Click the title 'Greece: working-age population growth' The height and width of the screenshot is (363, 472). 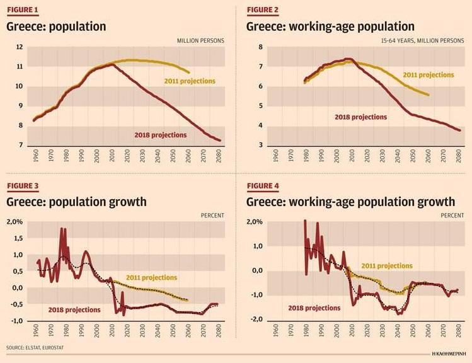[350, 202]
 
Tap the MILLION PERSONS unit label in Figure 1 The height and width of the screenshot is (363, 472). [200, 41]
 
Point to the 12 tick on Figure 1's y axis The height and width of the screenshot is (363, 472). [20, 47]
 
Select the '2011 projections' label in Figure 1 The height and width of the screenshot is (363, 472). [190, 81]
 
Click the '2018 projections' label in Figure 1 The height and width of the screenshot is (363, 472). [161, 135]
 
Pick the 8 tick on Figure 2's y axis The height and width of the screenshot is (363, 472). [255, 47]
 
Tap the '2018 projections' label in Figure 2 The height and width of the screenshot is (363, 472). [361, 117]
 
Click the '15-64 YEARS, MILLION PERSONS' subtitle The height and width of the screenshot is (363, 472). [422, 41]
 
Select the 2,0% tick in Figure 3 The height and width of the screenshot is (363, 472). [15, 222]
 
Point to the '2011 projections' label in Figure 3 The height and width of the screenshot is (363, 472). [151, 277]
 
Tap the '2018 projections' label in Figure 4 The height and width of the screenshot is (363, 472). [314, 308]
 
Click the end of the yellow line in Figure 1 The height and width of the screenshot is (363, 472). [189, 72]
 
